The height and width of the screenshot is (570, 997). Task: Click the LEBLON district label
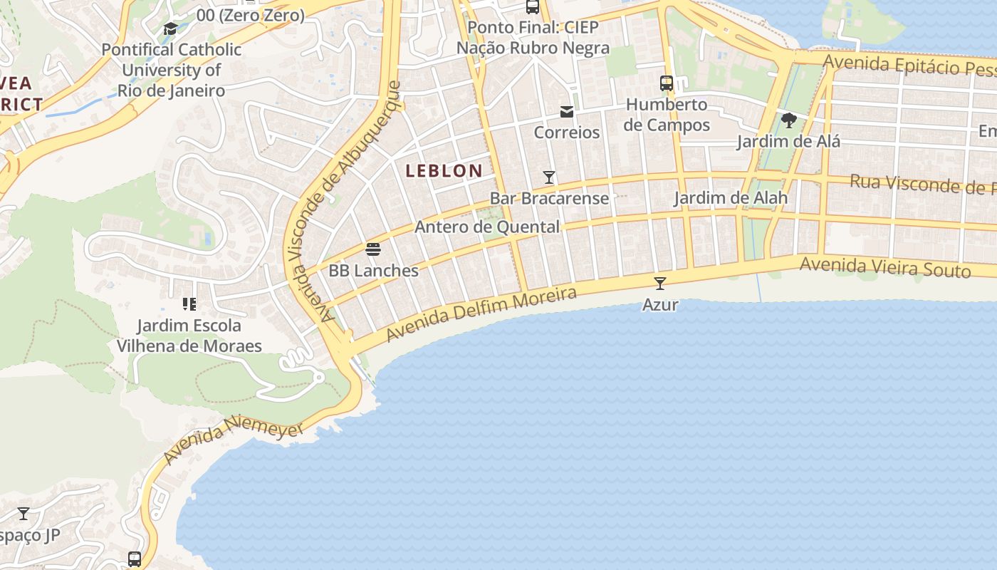pos(444,171)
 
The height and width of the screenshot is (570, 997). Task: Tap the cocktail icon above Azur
pos(660,284)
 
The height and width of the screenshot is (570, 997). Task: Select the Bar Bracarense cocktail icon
pos(549,177)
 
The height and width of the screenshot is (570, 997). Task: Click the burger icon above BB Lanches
pos(373,249)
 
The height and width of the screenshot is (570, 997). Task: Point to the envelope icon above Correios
pos(567,112)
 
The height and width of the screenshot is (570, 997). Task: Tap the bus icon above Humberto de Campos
pos(667,83)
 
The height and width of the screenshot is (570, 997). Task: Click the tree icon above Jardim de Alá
pos(788,120)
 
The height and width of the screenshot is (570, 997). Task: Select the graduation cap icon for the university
pos(171,28)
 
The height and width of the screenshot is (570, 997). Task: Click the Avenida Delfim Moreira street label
pos(481,314)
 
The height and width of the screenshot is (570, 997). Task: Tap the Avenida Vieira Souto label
pos(884,268)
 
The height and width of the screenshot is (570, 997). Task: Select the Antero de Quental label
pos(487,227)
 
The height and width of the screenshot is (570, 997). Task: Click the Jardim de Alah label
pos(731,198)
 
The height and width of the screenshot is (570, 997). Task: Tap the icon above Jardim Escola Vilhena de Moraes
pos(189,305)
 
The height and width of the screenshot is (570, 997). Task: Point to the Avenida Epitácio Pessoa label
pos(909,66)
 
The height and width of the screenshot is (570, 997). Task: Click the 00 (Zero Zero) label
pos(251,15)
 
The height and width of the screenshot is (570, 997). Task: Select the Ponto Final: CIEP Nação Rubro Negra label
pos(533,38)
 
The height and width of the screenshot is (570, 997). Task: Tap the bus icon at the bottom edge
pos(135,559)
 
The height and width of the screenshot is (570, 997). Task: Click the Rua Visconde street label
pos(922,185)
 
